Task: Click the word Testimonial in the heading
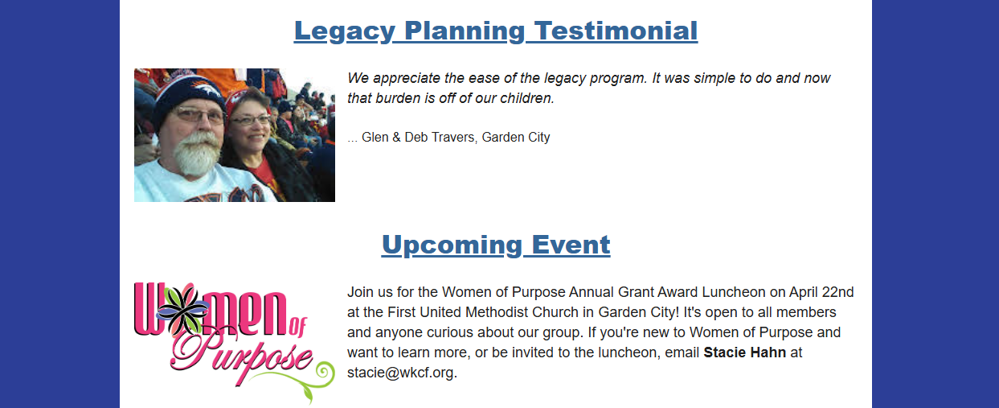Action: (x=616, y=31)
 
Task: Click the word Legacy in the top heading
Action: (x=345, y=31)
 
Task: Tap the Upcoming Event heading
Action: (x=496, y=245)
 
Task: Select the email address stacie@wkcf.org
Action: (x=401, y=373)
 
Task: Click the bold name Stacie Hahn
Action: (x=744, y=352)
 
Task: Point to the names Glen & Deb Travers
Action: (x=418, y=137)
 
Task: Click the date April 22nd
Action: (x=821, y=292)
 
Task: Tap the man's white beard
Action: (x=196, y=154)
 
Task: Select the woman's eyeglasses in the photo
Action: (x=250, y=120)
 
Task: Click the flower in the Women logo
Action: (x=182, y=308)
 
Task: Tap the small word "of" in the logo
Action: (x=298, y=327)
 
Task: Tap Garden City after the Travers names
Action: (x=516, y=137)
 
